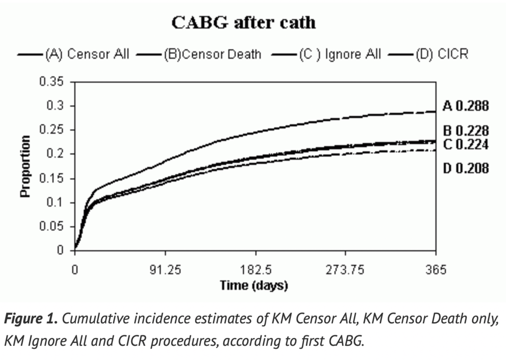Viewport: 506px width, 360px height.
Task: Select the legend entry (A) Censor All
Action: pos(87,54)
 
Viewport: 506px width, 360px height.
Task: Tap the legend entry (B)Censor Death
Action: pos(212,54)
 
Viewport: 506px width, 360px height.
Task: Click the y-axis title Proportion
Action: pos(26,166)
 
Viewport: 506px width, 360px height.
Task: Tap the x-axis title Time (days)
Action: pos(254,285)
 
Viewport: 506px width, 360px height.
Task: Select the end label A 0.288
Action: pos(466,106)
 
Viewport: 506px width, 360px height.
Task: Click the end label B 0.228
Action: pos(466,131)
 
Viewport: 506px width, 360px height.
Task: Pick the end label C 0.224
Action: pos(466,145)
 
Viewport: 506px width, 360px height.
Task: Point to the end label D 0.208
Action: pos(466,168)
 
